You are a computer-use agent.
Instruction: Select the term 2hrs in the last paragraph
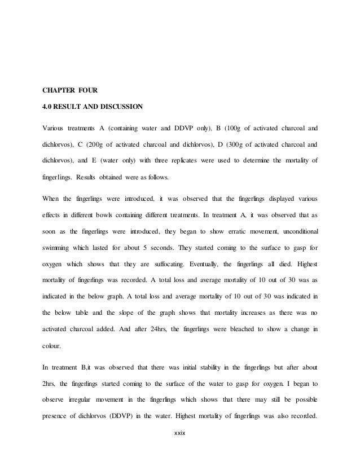click(50, 384)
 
